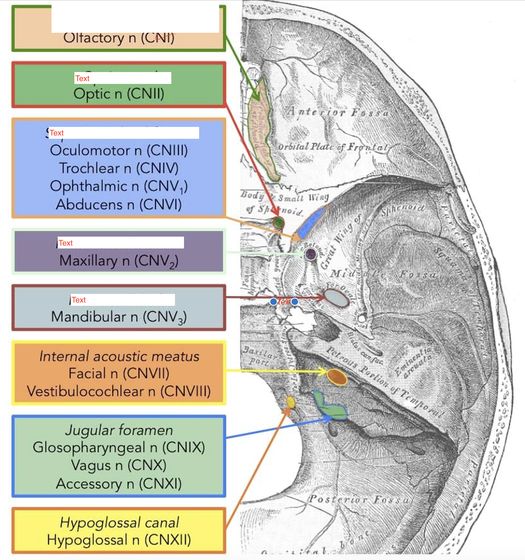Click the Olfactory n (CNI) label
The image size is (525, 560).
[119, 38]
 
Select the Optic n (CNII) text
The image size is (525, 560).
[119, 94]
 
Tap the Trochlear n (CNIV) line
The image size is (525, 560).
[119, 168]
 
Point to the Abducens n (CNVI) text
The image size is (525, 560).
[119, 204]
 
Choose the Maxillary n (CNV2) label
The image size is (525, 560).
[119, 261]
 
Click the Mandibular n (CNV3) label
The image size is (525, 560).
[119, 317]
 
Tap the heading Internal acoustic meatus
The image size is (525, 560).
[119, 356]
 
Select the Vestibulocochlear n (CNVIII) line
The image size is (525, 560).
[119, 391]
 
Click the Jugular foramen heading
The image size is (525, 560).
[119, 430]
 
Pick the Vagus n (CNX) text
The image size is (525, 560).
[119, 465]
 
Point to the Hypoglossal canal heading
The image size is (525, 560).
[119, 523]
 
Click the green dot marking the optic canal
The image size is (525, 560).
[278, 223]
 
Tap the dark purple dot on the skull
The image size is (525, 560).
[311, 254]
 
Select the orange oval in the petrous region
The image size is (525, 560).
[337, 377]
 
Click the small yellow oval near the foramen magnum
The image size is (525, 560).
[290, 402]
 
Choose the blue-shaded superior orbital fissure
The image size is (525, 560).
[311, 221]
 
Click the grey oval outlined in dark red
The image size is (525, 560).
[337, 298]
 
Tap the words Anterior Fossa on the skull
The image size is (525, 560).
[338, 111]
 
